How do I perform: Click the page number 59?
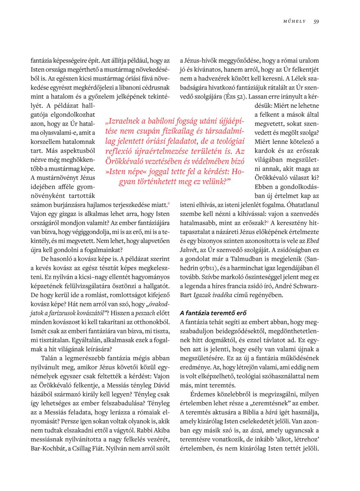pyautogui.click(x=316, y=21)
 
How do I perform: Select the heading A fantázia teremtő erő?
pyautogui.click(x=211, y=313)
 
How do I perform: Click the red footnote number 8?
pyautogui.click(x=169, y=203)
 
